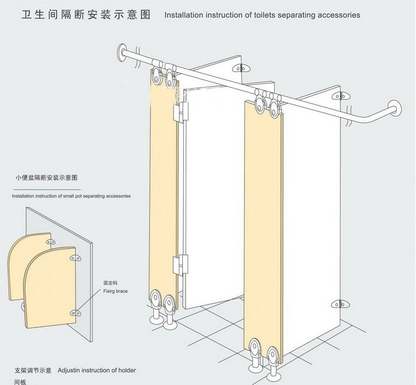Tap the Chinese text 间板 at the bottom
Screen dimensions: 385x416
point(20,382)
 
